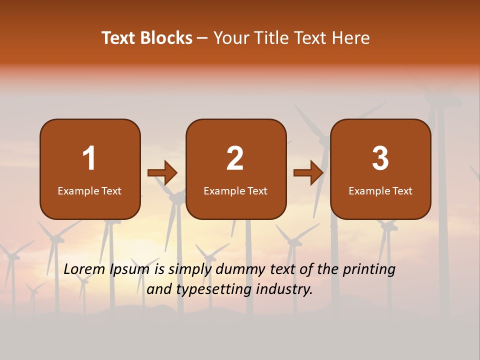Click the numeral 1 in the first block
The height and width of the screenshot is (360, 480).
coord(89,158)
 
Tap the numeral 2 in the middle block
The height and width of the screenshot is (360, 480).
coord(235,158)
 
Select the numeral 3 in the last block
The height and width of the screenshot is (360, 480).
coord(380,158)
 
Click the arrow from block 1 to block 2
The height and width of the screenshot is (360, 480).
coord(162,173)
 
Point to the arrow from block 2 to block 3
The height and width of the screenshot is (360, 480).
coord(308,173)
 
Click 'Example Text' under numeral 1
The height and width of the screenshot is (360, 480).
coord(89,191)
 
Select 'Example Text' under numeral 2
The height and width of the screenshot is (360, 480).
coord(235,191)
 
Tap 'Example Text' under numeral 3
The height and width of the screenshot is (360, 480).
coord(380,191)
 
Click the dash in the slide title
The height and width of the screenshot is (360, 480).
coord(203,38)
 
